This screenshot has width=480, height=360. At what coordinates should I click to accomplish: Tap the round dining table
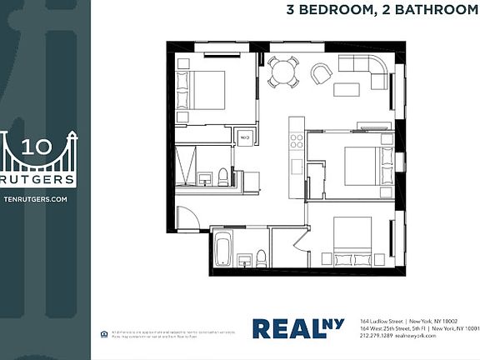click(283, 72)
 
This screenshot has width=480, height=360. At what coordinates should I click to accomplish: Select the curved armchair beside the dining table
click(321, 75)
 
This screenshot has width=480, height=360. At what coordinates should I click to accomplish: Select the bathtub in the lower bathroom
click(222, 248)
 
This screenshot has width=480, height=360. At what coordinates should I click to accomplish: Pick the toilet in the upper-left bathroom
click(223, 176)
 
